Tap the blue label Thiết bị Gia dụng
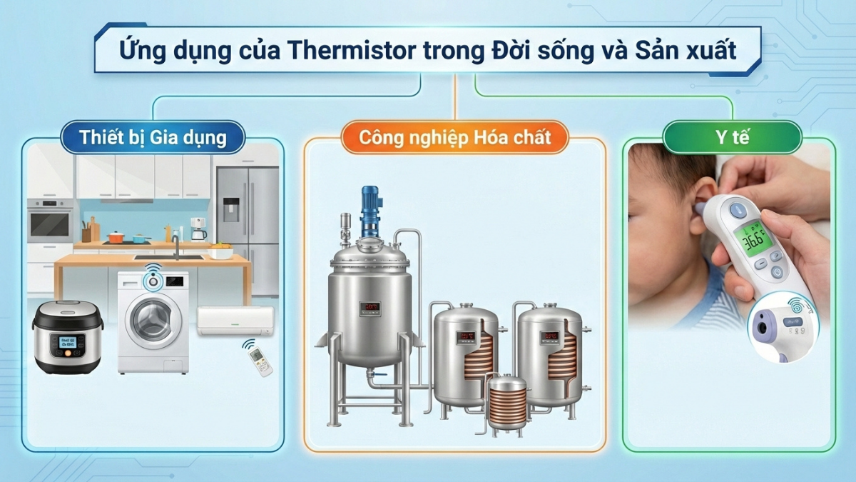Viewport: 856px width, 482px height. [153, 137]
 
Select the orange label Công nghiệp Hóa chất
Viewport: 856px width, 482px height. [454, 137]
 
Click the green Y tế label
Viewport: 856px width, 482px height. [732, 137]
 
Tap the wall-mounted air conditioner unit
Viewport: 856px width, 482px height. [235, 321]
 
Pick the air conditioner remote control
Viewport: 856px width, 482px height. [260, 360]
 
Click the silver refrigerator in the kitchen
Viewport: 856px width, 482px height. [246, 229]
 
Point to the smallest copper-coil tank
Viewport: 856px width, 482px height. [507, 403]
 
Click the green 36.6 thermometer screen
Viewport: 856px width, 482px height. [755, 239]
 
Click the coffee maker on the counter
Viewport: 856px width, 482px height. [198, 230]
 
